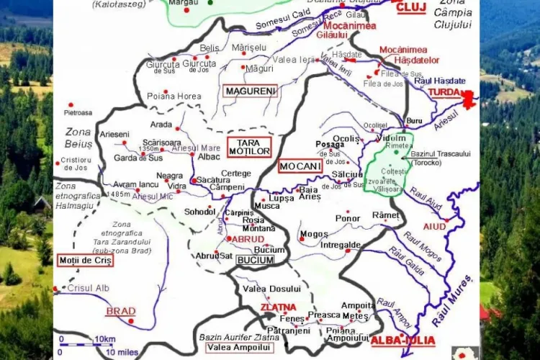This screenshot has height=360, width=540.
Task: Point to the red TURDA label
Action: click(x=445, y=93)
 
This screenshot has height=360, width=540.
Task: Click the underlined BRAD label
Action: click(x=120, y=311)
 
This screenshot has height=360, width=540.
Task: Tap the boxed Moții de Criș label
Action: click(x=85, y=260)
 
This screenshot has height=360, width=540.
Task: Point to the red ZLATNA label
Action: click(x=278, y=307)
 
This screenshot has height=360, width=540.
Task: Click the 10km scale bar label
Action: click(x=104, y=338)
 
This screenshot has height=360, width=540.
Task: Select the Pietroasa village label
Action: click(x=78, y=113)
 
